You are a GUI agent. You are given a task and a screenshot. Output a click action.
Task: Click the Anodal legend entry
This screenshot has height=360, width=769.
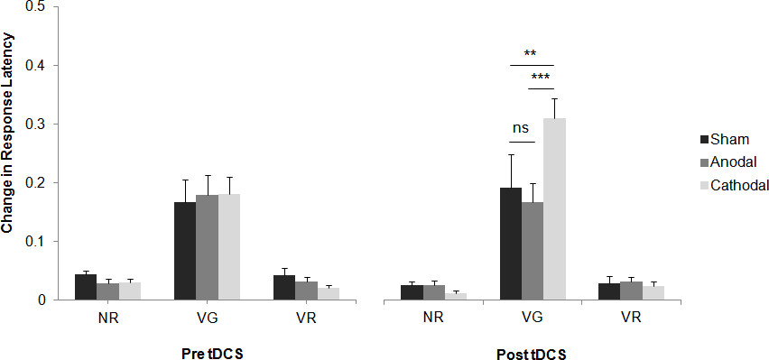(729, 162)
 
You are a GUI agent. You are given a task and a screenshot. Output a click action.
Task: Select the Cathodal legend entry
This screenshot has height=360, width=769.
(733, 185)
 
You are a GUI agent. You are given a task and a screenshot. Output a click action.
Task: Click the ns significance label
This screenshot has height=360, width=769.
(520, 128)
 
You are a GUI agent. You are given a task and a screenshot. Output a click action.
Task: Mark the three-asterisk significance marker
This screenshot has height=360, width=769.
(541, 78)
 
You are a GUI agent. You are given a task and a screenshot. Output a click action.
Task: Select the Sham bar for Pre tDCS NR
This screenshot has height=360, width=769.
(85, 287)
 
